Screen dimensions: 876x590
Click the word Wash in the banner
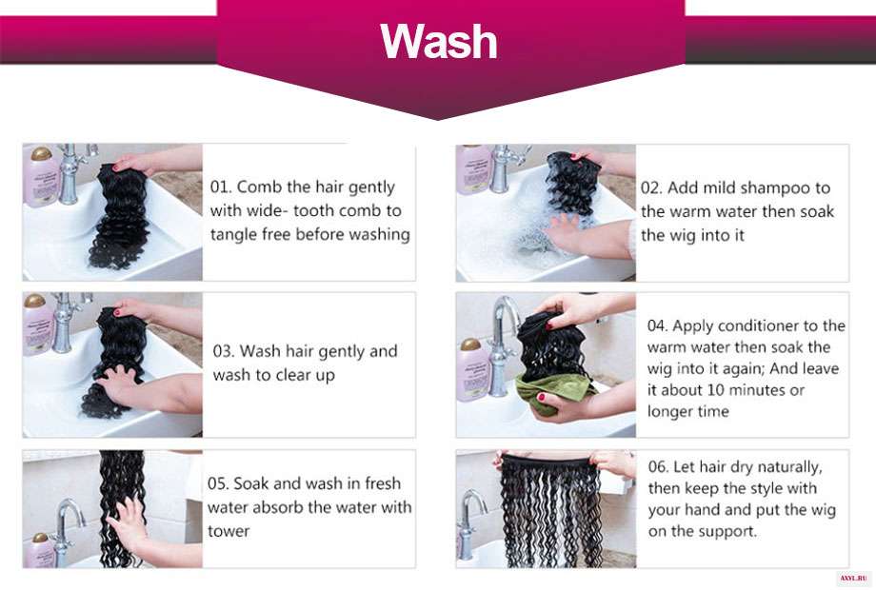click(439, 41)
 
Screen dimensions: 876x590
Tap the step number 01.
click(221, 187)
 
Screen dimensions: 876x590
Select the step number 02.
click(651, 187)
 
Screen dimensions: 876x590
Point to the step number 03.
click(224, 351)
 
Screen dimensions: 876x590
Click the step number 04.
click(658, 325)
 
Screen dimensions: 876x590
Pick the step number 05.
click(218, 483)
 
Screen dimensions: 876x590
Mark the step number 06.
click(658, 466)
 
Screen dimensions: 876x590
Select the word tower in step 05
click(229, 531)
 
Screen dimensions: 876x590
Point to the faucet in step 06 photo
click(471, 525)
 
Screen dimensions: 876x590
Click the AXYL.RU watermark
click(854, 579)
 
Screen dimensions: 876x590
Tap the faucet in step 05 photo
click(67, 530)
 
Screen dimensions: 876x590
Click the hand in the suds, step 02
click(572, 234)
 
